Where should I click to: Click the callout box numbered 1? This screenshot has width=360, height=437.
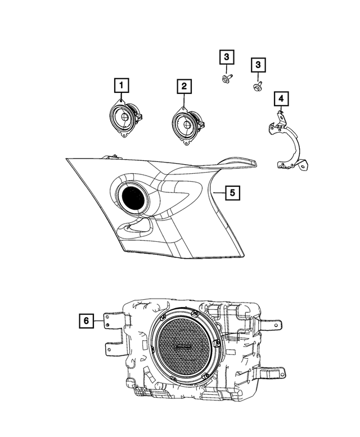coord(120,86)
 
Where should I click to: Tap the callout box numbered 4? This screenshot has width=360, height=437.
coord(281,100)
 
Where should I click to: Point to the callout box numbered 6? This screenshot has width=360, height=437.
coord(87,321)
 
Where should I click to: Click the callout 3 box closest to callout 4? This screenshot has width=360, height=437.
coord(258,66)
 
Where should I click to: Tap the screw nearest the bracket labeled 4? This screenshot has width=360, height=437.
coord(258,86)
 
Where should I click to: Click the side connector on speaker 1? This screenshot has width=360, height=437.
coord(140,118)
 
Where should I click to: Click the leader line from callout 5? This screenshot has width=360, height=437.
coord(218,192)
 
